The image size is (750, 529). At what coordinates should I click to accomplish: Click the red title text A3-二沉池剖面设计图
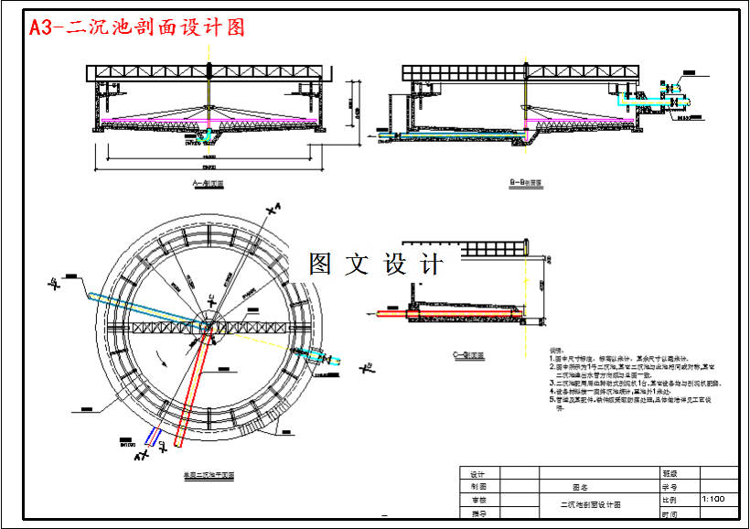[138, 27]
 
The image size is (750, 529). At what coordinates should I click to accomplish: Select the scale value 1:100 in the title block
[713, 499]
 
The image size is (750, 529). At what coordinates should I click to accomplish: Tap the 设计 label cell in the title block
[477, 473]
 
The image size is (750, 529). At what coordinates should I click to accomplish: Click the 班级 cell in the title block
[670, 473]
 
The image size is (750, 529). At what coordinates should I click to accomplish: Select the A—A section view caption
[209, 184]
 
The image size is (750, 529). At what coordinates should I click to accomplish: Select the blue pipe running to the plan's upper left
[137, 306]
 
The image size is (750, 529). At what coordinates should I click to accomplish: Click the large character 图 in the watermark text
[322, 264]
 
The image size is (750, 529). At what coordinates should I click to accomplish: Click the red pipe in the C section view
[457, 314]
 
